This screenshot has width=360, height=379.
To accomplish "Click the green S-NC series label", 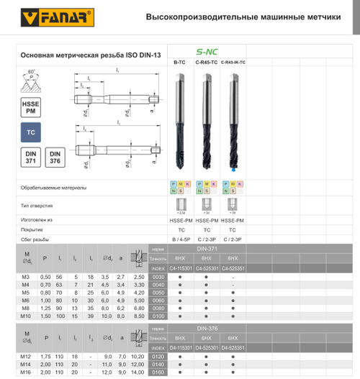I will click(x=207, y=52).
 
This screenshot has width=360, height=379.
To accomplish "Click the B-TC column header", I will click(x=180, y=63).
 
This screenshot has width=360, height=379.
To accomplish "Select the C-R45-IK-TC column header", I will click(x=232, y=63).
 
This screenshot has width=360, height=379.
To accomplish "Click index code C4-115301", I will click(x=180, y=268).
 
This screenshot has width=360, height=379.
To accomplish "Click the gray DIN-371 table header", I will click(x=207, y=247).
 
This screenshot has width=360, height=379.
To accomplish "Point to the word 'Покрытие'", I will click(x=34, y=229).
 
